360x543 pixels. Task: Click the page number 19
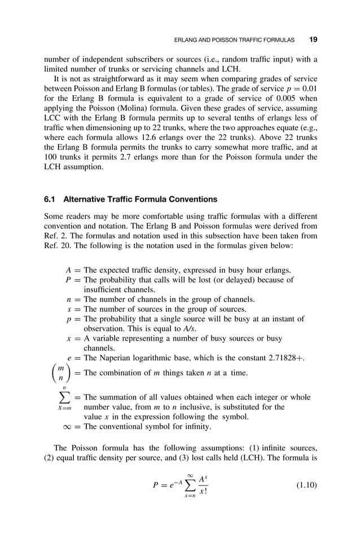pyautogui.click(x=313, y=40)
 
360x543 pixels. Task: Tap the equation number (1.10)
pyautogui.click(x=306, y=485)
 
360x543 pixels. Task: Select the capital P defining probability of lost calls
pyautogui.click(x=68, y=280)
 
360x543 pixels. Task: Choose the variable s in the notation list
pyautogui.click(x=69, y=308)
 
